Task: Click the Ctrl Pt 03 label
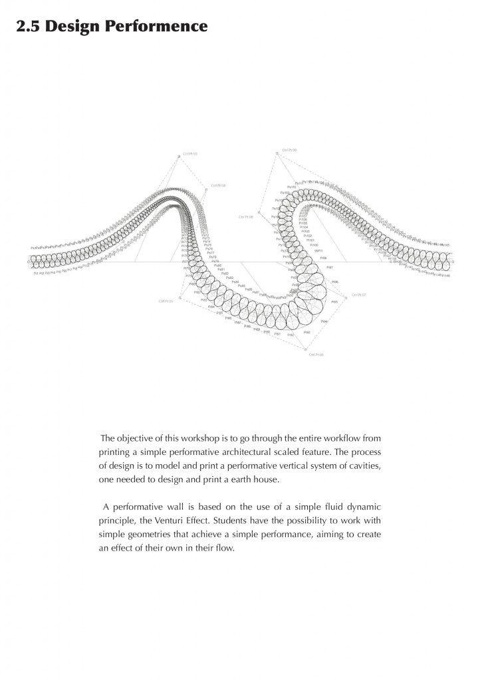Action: coord(190,154)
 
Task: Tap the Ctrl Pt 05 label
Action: coord(166,301)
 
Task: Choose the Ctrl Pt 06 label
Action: coord(316,355)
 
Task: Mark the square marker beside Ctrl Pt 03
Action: coord(178,157)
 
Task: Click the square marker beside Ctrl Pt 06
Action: coord(305,349)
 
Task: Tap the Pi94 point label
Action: coord(324,321)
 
